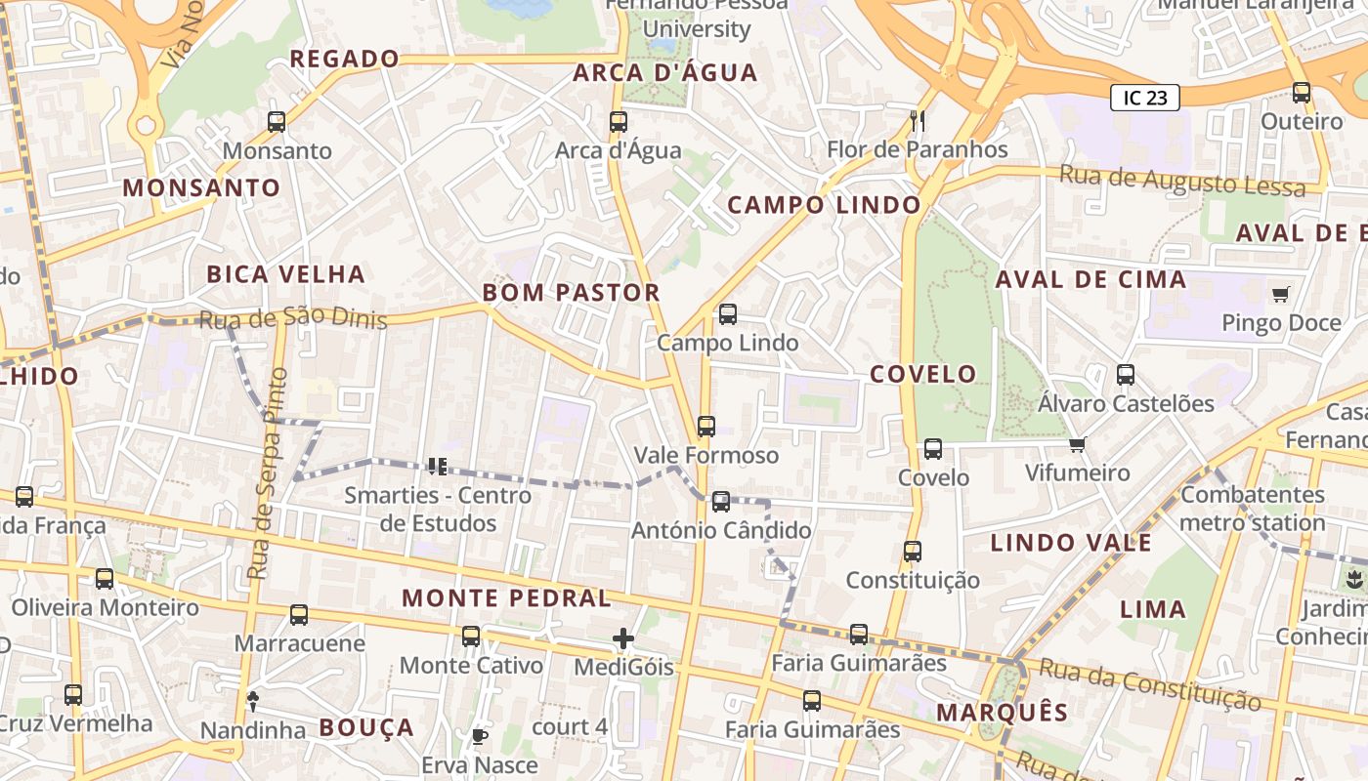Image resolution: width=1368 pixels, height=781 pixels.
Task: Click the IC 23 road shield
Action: [1144, 98]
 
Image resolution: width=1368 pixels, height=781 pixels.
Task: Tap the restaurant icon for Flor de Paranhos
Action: [917, 121]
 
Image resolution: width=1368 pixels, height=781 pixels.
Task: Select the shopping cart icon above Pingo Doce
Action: [1280, 294]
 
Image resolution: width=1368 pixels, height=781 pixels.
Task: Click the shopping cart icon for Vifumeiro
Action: [1077, 444]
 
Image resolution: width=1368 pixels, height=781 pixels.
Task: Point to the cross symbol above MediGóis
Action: [623, 638]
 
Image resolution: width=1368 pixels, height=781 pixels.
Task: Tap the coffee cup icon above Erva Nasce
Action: [479, 736]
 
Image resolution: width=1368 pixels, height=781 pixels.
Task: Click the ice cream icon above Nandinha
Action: [253, 699]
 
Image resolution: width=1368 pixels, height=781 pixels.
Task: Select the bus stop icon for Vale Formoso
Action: [705, 427]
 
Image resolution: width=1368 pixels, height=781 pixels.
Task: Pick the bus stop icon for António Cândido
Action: [720, 502]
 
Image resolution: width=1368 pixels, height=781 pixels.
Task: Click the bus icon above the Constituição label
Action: [912, 552]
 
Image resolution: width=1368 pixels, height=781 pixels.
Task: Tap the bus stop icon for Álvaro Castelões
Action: [1125, 375]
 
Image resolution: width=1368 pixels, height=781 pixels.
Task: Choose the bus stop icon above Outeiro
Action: [1301, 93]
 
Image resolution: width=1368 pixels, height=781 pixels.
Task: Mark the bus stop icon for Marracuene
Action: [299, 615]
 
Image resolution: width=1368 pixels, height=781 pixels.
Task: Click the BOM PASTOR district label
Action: [571, 293]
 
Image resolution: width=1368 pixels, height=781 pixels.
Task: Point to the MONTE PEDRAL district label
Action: [506, 598]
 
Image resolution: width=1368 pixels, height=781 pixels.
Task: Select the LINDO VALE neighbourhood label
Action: [1071, 543]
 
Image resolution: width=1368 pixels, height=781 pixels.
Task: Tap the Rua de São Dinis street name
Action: [293, 319]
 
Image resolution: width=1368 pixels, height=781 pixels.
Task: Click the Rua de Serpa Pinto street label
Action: [267, 473]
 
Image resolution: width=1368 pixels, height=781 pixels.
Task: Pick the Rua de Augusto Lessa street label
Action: [1182, 181]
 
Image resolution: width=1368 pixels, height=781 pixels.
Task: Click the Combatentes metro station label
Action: [1252, 509]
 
